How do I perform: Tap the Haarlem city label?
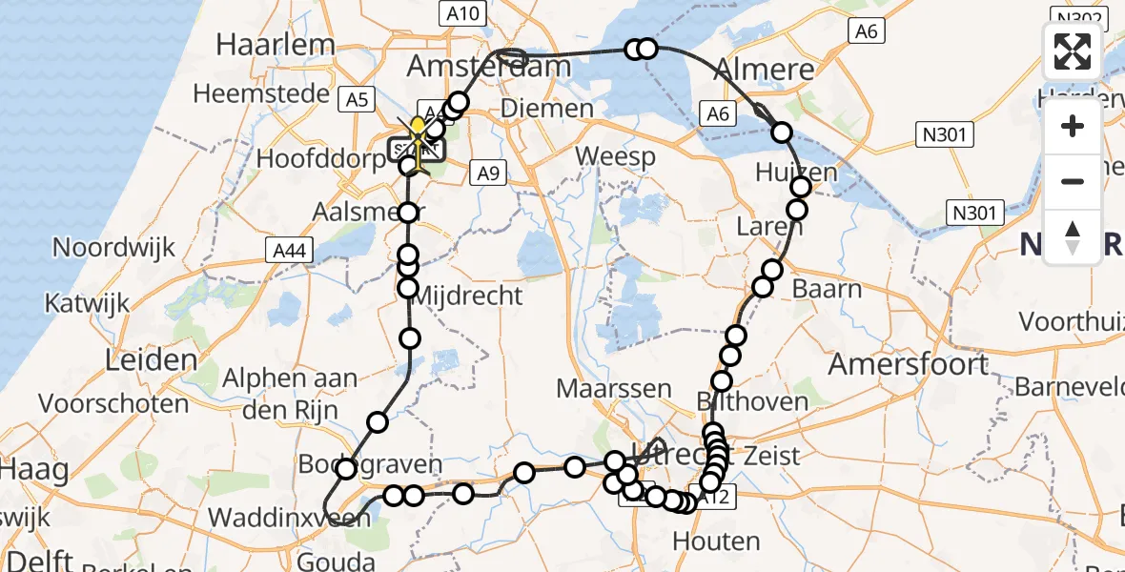tap(276, 45)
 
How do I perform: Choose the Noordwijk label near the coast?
tap(113, 248)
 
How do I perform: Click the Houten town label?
tap(716, 541)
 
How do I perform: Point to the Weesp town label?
tap(615, 155)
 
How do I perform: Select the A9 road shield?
tap(488, 173)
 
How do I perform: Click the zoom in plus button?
tap(1073, 127)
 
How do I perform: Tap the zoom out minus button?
tap(1073, 181)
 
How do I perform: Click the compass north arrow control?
tap(1073, 236)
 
